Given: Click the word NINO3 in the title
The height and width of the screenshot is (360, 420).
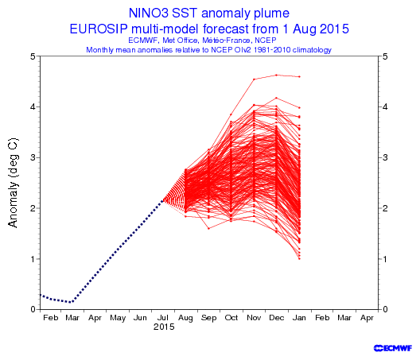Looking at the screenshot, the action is point(149,14).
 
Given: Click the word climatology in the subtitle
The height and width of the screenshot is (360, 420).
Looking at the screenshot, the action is point(312,50).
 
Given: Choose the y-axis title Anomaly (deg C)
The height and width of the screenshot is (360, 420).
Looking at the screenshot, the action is point(13,183).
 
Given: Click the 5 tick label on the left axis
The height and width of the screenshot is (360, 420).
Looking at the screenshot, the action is point(33,56).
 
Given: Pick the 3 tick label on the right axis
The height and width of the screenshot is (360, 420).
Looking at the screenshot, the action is point(385,157).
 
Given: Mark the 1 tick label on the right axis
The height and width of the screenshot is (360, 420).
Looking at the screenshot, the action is point(385,259).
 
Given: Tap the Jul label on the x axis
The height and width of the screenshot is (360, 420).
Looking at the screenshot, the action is point(162,318).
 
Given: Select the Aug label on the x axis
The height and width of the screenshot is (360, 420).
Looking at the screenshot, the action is point(185,318).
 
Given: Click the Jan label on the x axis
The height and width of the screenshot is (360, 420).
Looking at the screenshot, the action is point(299,318).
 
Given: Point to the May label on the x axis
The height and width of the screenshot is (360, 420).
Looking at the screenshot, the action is point(118,318).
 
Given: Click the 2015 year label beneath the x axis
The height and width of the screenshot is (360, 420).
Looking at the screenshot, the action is point(164,327).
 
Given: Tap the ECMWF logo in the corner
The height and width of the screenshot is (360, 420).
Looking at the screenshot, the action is point(393,348).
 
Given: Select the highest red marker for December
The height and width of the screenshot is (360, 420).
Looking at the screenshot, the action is point(277,75).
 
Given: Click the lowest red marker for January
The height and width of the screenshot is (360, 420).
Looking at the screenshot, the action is point(299,259).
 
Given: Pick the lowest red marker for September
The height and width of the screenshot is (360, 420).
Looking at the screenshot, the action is point(208,228).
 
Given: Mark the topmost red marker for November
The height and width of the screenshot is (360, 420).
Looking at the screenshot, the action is point(254,79).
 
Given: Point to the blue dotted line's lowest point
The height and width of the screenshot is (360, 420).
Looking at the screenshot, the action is point(72,302).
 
